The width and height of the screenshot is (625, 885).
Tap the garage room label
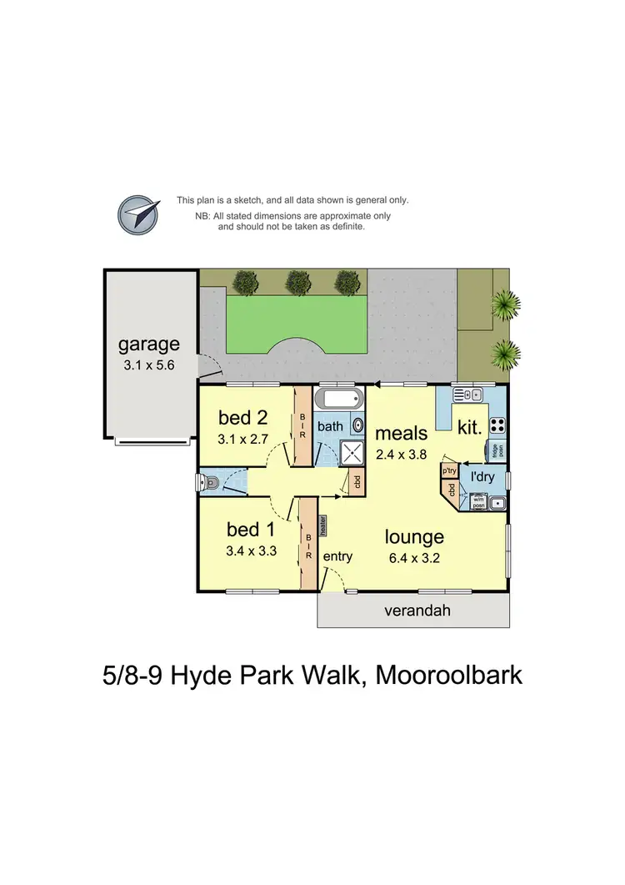[x=148, y=344]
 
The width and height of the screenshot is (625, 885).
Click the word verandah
[x=417, y=611]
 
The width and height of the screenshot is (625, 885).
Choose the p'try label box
[x=449, y=470]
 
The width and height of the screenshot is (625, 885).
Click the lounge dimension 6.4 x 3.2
[x=414, y=558]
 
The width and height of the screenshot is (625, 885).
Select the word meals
[x=401, y=433]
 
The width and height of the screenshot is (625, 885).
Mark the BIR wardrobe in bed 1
[x=307, y=544]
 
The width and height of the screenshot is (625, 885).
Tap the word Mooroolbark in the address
[x=449, y=674]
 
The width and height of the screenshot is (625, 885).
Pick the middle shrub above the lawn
[x=297, y=282]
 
